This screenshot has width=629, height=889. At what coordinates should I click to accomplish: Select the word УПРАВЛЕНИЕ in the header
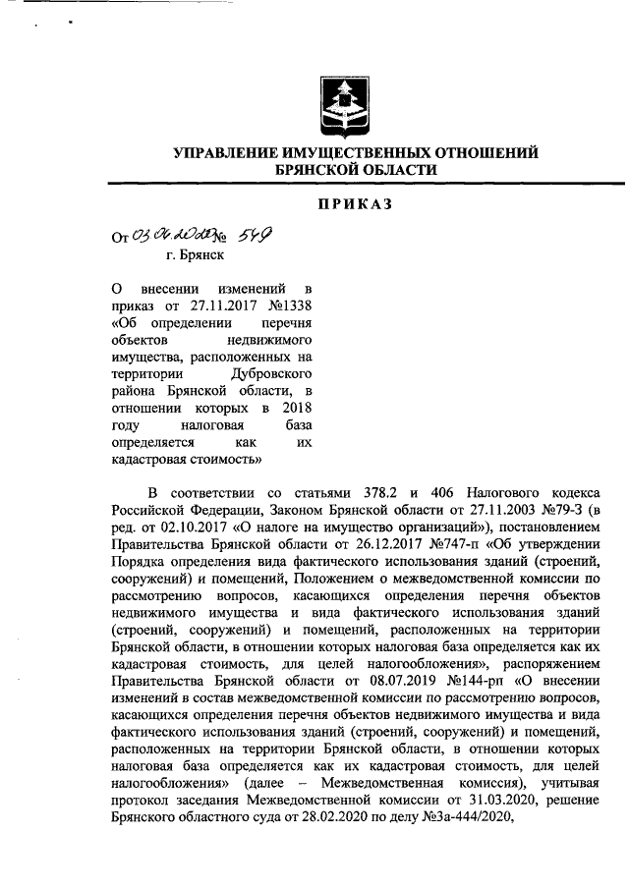[228, 153]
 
